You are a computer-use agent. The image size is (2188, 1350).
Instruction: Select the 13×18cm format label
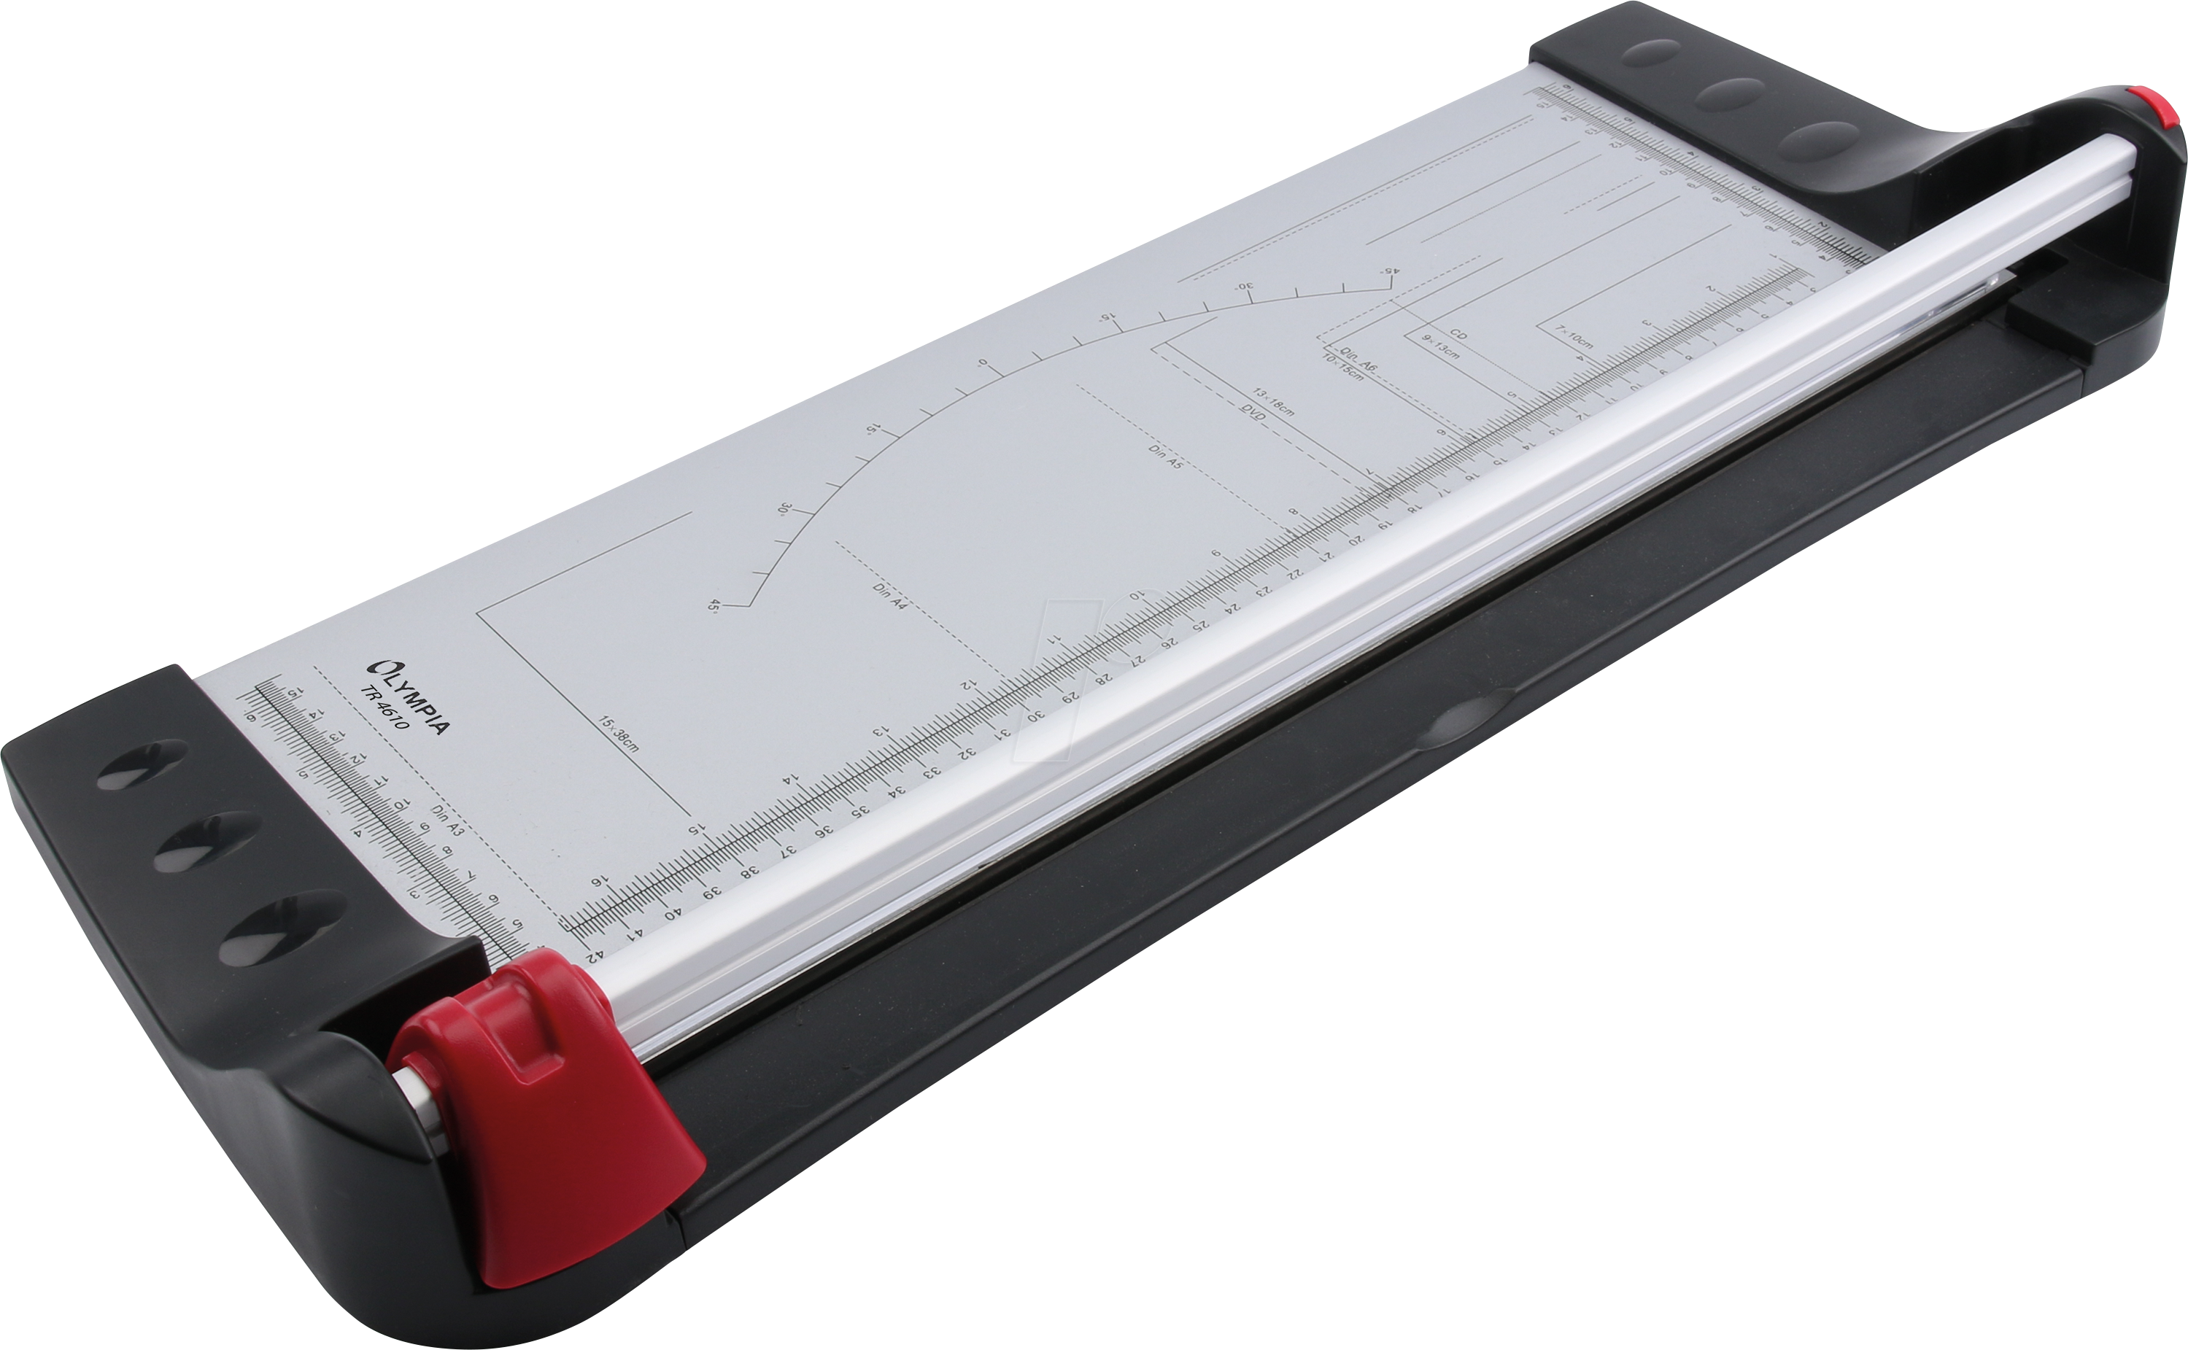[1272, 401]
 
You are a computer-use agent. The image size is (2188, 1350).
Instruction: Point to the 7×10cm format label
[1574, 335]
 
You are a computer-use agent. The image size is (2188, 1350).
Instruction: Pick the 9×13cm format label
[1439, 346]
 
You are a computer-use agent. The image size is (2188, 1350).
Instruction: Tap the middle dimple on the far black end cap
[1728, 92]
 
